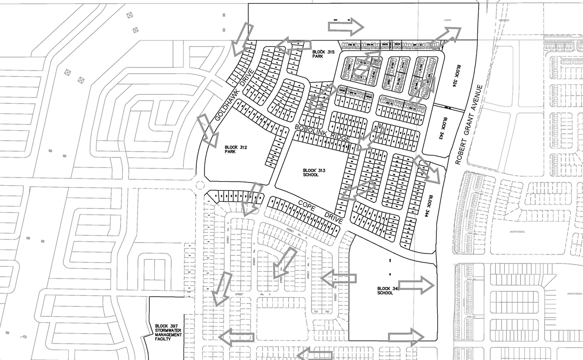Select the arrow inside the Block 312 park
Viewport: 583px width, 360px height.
(207, 131)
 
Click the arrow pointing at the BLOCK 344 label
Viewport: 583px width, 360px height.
(427, 169)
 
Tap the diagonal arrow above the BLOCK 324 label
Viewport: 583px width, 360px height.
(444, 38)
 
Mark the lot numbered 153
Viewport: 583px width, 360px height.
(316, 311)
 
